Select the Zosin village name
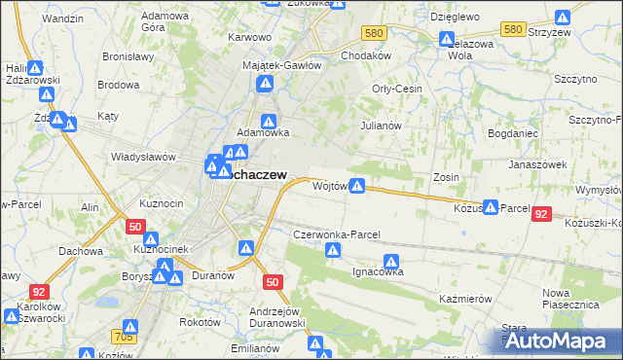click(446, 178)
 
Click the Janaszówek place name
click(537, 164)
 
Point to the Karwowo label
click(248, 37)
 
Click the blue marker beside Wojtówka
click(358, 185)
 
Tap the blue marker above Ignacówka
click(391, 261)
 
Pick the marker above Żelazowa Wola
click(447, 40)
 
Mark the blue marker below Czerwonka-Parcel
click(333, 250)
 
